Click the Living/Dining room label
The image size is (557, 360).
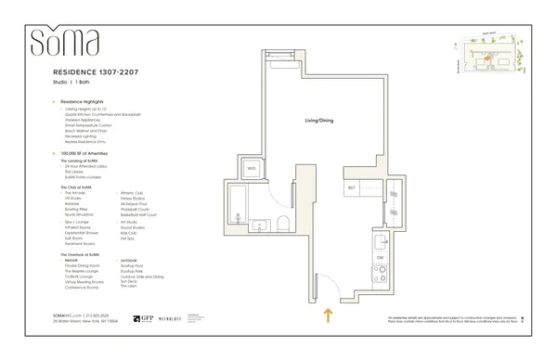(317, 121)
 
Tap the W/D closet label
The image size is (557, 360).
(252, 168)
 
